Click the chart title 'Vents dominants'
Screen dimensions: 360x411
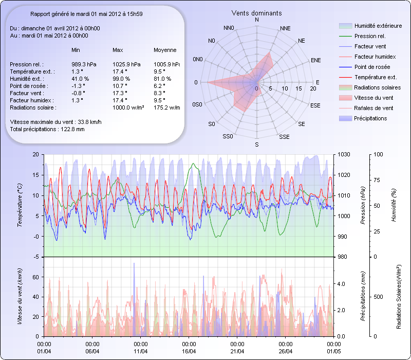click(256, 12)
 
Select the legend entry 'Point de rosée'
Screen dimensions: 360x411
click(371, 67)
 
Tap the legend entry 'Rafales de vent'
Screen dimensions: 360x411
click(373, 108)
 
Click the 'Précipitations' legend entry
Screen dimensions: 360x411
click(370, 118)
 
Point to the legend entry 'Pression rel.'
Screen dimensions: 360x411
click(370, 36)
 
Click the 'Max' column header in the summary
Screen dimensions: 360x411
click(118, 50)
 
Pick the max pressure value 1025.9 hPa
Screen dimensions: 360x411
click(126, 64)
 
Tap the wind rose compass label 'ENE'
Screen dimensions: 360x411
click(316, 60)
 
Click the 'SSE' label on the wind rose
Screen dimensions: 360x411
click(284, 137)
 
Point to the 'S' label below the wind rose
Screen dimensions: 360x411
click(257, 145)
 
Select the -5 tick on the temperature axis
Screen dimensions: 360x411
click(35, 257)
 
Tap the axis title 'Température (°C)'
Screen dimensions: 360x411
click(20, 206)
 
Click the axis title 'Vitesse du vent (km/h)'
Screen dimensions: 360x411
click(20, 296)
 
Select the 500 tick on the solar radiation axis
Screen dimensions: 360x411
click(378, 296)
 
